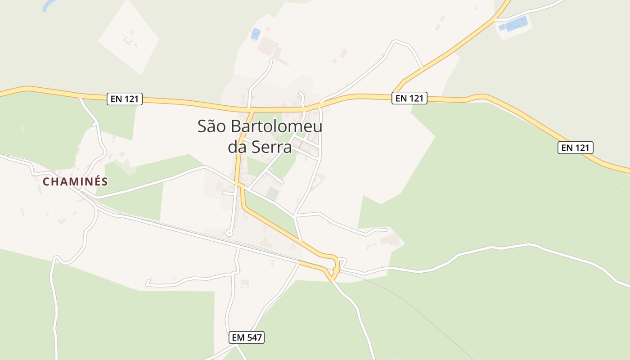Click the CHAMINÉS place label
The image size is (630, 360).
click(75, 182)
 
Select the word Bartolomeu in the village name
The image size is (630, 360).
click(277, 126)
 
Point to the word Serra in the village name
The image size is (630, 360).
click(272, 147)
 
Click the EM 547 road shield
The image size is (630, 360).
click(246, 337)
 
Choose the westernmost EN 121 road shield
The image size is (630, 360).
click(125, 99)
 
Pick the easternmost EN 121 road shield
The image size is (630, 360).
click(576, 148)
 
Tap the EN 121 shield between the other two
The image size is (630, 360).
click(409, 98)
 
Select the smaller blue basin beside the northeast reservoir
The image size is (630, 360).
click(502, 27)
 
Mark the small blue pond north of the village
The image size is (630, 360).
click(256, 34)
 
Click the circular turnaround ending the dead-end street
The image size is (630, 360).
click(229, 233)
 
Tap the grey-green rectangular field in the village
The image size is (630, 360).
click(272, 194)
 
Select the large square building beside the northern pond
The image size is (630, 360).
click(268, 45)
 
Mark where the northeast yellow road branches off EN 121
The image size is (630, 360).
click(396, 91)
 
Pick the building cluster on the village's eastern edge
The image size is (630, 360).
click(390, 239)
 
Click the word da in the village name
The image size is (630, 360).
click(238, 147)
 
